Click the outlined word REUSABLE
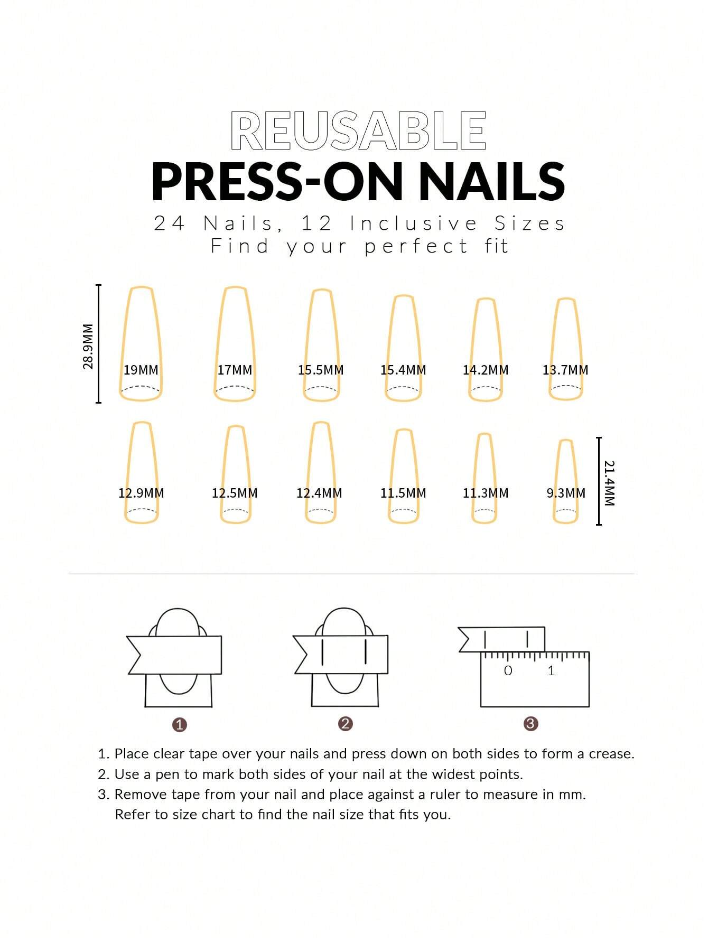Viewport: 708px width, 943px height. coord(358,130)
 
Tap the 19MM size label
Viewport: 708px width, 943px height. coord(141,370)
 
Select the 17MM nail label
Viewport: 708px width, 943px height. coord(235,370)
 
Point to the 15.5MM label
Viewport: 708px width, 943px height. coord(321,370)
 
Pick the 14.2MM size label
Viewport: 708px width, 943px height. coord(486,370)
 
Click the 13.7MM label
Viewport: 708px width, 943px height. coord(565,370)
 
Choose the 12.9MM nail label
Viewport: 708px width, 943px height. coord(141,493)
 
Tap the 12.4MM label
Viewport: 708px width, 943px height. coord(319,493)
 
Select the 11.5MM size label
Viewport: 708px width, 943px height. coord(403,493)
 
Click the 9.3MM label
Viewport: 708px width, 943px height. coord(566,493)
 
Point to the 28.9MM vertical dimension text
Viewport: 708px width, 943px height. coord(88,346)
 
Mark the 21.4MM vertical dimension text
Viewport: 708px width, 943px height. coord(610,483)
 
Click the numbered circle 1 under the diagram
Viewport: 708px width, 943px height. coord(180,725)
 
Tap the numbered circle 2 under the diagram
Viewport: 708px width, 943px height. coord(346,724)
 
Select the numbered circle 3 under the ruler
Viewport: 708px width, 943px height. coord(531,724)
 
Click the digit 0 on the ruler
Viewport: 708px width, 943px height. coord(508,671)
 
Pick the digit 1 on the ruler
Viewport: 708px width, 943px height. coord(551,671)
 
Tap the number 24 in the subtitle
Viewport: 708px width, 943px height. coord(169,223)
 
